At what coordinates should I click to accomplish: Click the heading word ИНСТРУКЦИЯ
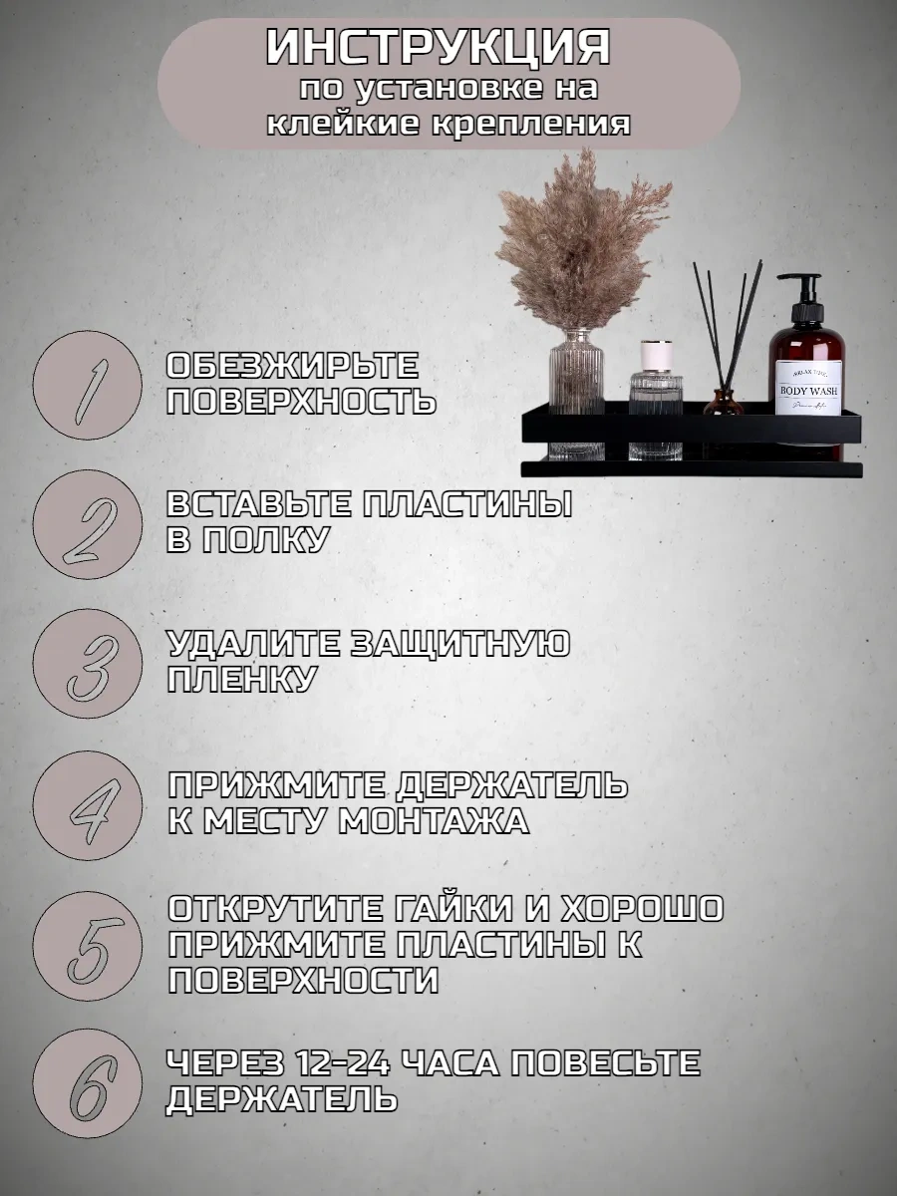tap(438, 49)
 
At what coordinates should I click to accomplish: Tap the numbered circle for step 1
tap(87, 386)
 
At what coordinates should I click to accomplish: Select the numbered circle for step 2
tap(87, 524)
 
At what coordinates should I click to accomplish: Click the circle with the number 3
tap(87, 664)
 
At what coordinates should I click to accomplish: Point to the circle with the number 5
tap(87, 947)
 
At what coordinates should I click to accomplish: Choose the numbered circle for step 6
tap(87, 1084)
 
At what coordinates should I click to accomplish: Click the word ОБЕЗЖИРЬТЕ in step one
tap(292, 365)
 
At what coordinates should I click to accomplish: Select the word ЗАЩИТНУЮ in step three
tap(459, 645)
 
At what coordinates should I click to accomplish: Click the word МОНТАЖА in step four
tap(433, 821)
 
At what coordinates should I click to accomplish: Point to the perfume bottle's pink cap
tap(655, 355)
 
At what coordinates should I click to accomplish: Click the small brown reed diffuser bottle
tap(723, 404)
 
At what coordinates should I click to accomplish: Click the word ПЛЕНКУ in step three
tap(241, 680)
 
